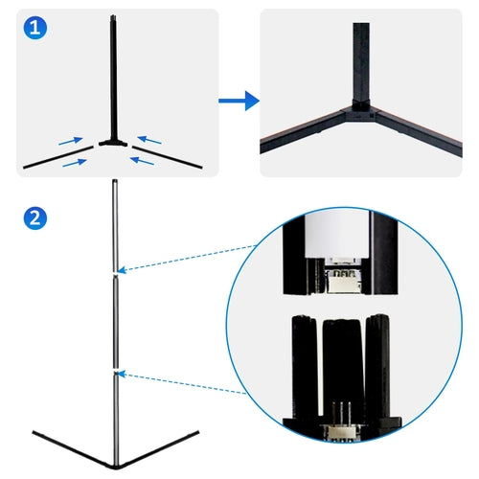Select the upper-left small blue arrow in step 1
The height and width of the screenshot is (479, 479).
click(70, 140)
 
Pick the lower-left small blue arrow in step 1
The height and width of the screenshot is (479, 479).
click(72, 163)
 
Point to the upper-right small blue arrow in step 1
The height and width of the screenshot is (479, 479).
click(150, 140)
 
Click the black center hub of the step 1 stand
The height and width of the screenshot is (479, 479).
click(113, 141)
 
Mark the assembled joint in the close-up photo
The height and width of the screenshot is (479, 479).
click(359, 107)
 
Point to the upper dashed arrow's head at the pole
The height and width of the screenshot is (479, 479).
click(128, 271)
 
